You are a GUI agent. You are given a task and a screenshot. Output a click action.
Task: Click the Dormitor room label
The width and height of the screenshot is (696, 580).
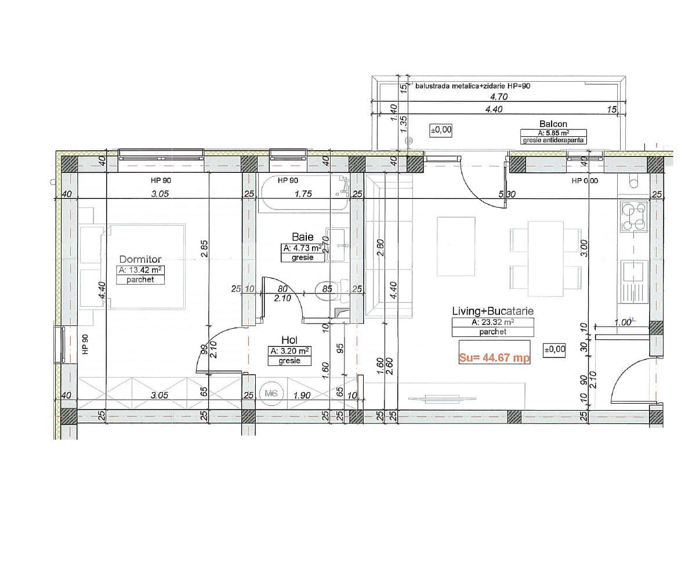pos(140,259)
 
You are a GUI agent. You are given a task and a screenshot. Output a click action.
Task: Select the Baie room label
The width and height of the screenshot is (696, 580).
pos(303,237)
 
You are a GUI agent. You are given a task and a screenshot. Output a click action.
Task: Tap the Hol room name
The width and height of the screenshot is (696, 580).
pos(289,340)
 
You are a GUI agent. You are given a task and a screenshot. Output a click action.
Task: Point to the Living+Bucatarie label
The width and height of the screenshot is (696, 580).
pos(492,311)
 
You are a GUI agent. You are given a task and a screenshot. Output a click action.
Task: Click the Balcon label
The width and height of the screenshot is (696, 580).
pos(553,124)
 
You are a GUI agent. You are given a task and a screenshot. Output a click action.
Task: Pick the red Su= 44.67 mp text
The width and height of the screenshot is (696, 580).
pos(494,358)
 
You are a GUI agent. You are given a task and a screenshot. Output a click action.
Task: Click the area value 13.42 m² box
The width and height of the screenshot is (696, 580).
pos(140,270)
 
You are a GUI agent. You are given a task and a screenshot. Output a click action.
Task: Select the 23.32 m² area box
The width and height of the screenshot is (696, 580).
pos(492,322)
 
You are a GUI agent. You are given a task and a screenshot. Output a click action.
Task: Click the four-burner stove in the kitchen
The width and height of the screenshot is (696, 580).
pos(634,216)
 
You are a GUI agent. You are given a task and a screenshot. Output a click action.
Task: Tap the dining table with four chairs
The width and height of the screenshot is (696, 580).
pos(546,258)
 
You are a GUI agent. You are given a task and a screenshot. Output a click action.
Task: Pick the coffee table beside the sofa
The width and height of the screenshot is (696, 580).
pos(456,246)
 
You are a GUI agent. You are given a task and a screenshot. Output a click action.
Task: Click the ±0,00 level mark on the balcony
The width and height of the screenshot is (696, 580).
pos(441,130)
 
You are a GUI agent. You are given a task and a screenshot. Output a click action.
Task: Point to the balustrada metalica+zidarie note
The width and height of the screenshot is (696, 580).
pos(473,86)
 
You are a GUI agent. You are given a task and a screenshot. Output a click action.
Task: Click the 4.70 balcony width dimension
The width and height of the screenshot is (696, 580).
pos(499,97)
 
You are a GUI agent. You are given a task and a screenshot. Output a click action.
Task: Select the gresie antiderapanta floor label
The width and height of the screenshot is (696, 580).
pos(553,140)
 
